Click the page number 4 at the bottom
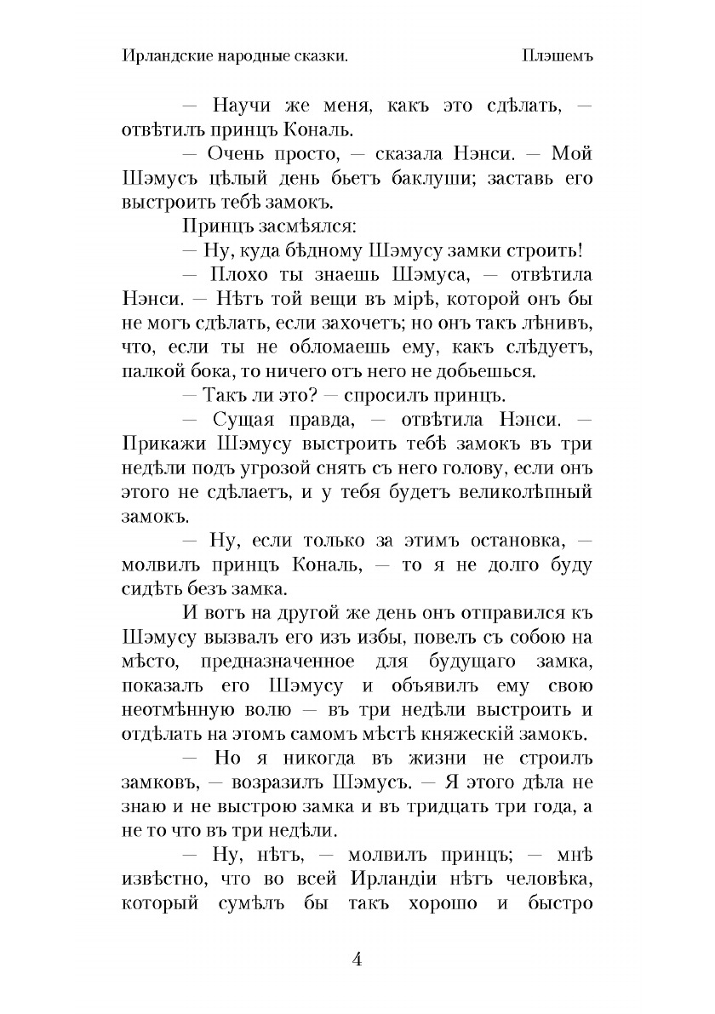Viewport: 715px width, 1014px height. pos(357,959)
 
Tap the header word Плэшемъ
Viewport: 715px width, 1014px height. pos(558,55)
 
